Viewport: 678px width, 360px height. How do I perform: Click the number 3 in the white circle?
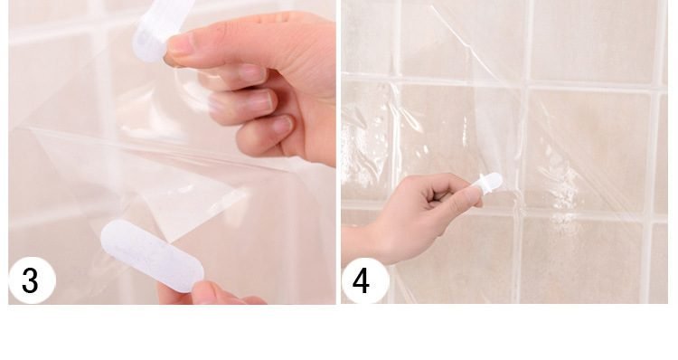coord(31,281)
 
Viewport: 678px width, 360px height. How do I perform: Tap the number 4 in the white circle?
coord(362,281)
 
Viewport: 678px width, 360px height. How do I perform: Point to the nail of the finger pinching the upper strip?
coord(177,45)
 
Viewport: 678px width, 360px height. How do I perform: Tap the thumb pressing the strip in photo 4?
coord(466,194)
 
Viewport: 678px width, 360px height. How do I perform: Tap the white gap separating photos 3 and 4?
coord(338,154)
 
